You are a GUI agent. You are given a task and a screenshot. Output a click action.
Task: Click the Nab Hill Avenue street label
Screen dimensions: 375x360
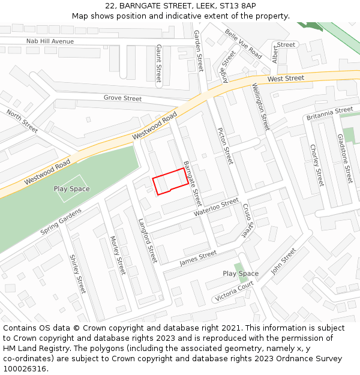(x=50, y=41)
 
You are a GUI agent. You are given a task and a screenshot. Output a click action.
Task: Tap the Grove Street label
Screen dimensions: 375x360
(x=122, y=98)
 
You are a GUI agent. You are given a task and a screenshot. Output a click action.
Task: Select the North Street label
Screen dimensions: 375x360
(x=22, y=121)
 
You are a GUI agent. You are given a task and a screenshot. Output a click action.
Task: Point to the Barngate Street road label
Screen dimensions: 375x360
(x=192, y=182)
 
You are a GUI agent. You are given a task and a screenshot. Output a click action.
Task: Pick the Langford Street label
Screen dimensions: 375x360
(x=148, y=240)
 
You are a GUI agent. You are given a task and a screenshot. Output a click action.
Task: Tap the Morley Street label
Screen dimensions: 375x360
(x=118, y=254)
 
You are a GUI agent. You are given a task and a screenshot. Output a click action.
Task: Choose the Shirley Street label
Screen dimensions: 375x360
(x=78, y=274)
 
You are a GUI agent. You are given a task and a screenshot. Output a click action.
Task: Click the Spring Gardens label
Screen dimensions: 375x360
(x=61, y=223)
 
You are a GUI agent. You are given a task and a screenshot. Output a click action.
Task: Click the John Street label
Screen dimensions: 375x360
(x=283, y=262)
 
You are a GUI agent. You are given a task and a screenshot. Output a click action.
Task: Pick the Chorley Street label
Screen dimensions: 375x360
(x=316, y=165)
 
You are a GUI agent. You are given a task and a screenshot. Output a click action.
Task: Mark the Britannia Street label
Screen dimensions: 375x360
(x=329, y=113)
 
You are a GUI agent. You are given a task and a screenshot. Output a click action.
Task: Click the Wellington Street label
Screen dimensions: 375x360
(x=261, y=107)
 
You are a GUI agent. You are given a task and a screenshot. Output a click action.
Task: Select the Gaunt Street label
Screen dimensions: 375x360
(x=158, y=63)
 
